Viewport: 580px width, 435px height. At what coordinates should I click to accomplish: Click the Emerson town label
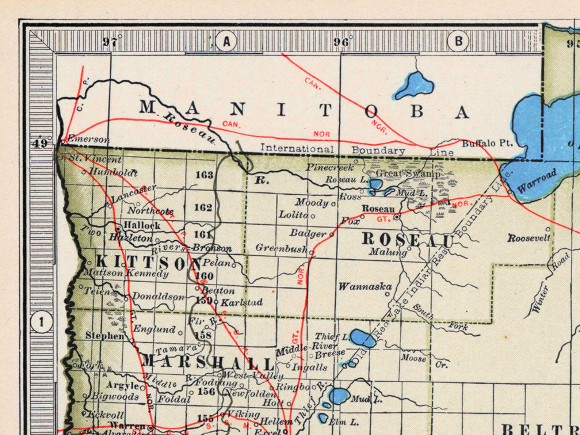(x=88, y=139)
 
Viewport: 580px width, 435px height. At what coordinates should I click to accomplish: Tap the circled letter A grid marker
(x=226, y=41)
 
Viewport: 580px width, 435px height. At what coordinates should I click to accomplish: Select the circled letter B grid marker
(x=458, y=41)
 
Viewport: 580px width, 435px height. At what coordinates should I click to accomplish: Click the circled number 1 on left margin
(x=41, y=322)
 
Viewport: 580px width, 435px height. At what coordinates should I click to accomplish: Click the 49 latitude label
(x=40, y=143)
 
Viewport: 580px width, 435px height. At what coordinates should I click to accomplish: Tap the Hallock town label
(x=142, y=225)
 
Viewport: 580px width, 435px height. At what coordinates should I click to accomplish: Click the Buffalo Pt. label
(x=487, y=143)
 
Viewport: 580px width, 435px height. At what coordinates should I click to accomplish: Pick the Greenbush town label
(x=281, y=248)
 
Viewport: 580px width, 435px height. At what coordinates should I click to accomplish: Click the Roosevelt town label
(x=529, y=238)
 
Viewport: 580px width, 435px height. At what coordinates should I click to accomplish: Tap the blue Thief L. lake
(x=362, y=338)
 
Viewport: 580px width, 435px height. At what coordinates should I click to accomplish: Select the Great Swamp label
(x=408, y=173)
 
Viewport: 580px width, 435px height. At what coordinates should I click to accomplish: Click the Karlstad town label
(x=242, y=302)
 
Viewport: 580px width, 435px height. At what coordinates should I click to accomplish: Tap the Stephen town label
(x=105, y=335)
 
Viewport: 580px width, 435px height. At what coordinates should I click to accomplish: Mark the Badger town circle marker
(x=332, y=234)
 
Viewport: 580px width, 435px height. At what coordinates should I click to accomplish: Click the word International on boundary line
(x=297, y=149)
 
